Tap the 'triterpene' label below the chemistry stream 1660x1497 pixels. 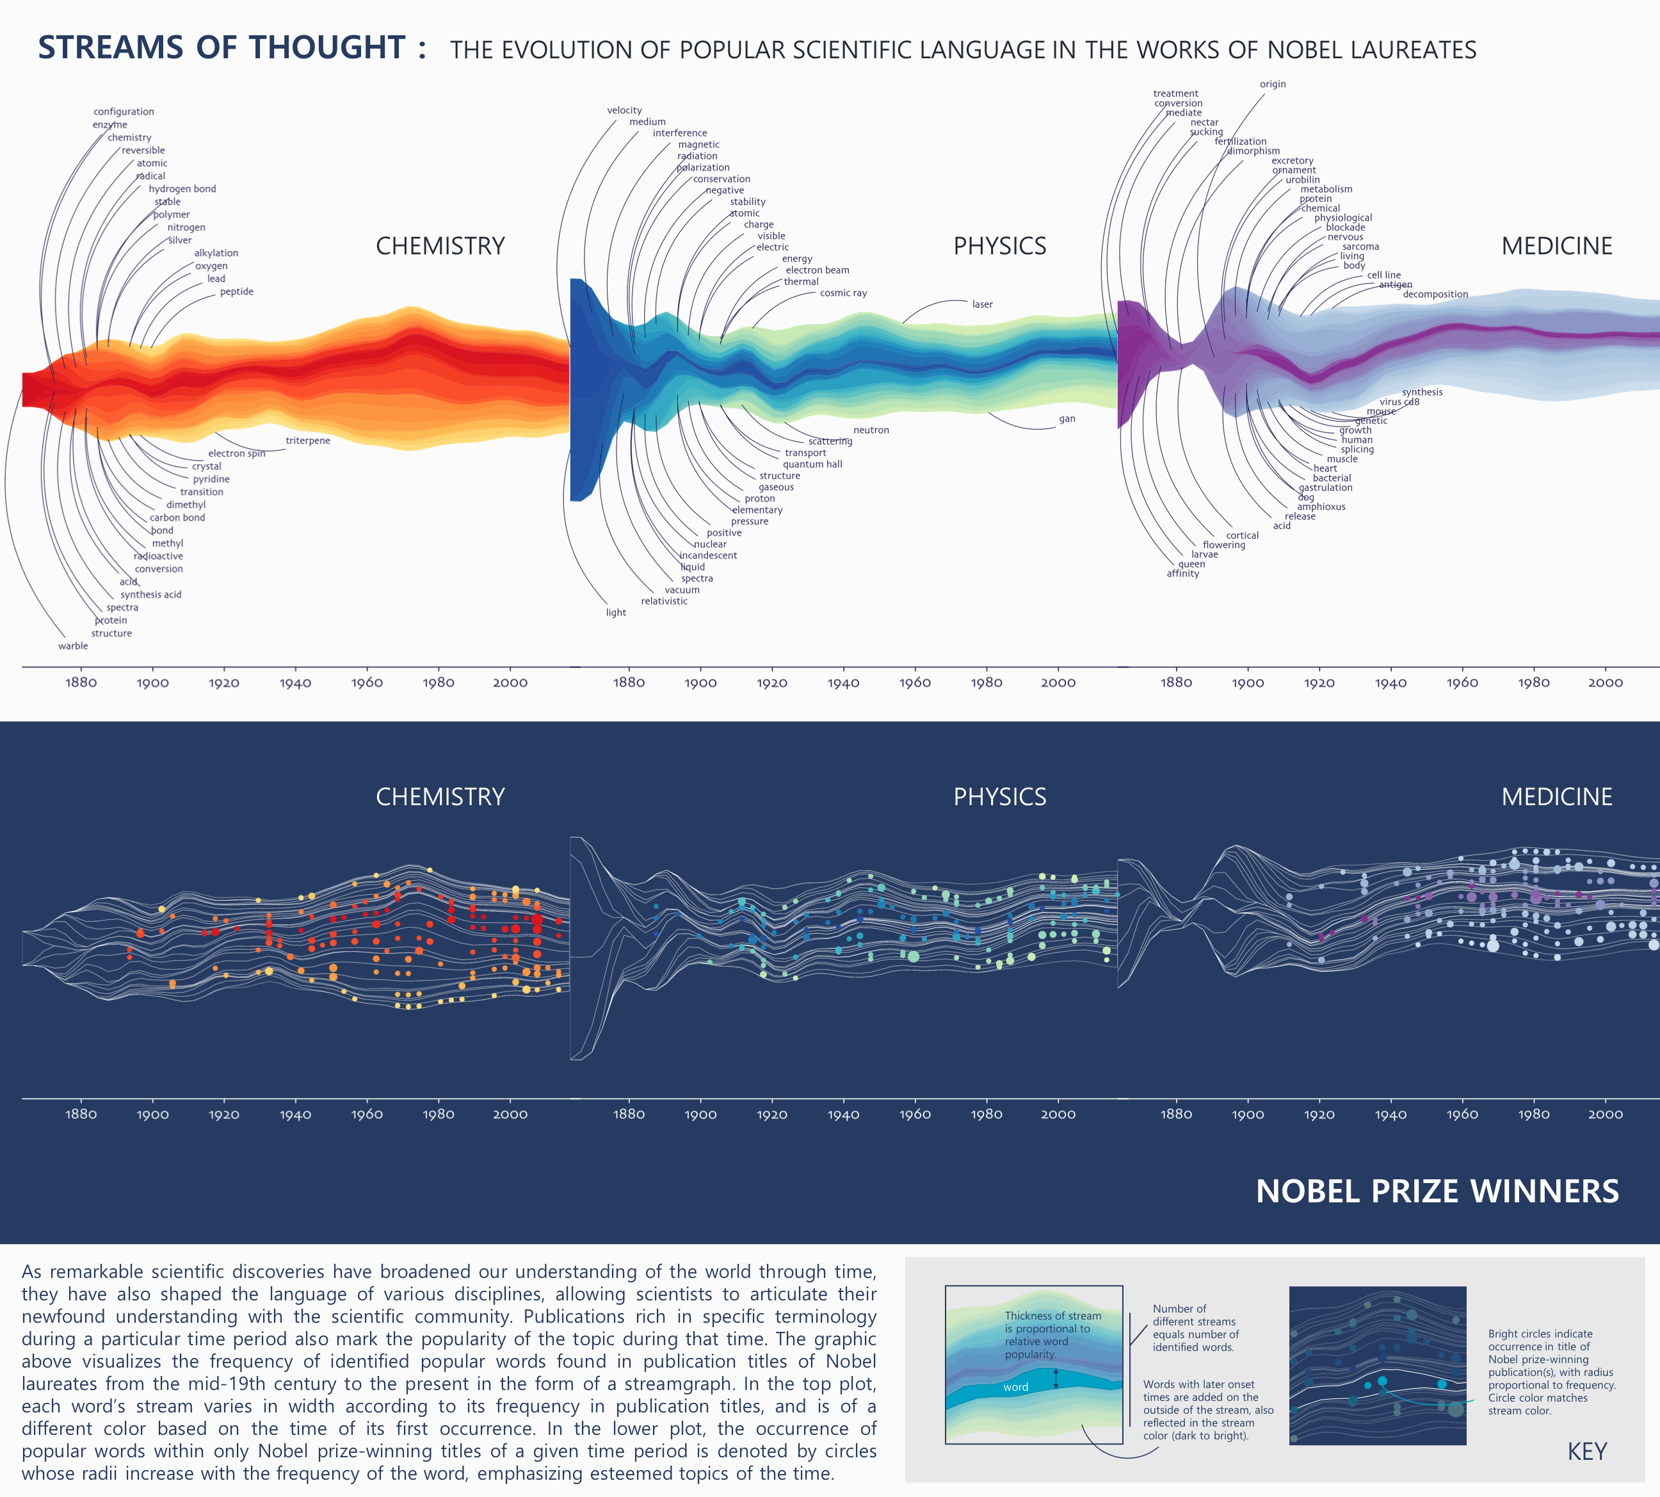307,441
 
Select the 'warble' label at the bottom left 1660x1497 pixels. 72,646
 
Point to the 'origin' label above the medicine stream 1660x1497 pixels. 1272,84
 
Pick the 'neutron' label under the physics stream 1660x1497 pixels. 871,430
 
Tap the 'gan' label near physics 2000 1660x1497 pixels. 1067,419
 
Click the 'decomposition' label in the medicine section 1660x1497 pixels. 1435,295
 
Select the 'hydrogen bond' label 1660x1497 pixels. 182,189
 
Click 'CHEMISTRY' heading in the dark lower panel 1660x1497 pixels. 440,796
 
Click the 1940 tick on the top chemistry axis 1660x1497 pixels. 295,683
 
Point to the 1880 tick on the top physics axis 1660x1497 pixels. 628,683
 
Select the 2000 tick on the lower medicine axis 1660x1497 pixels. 1604,1115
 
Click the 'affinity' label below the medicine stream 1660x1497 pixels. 1182,573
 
